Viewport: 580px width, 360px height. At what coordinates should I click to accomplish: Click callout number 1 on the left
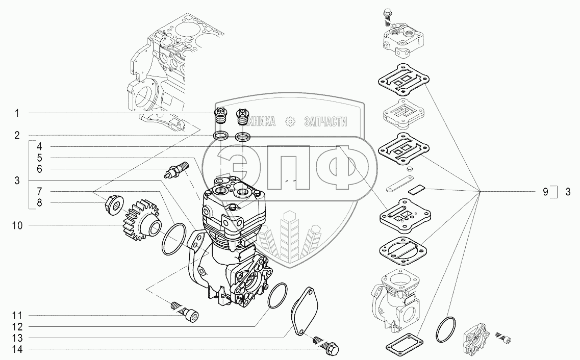tap(17, 112)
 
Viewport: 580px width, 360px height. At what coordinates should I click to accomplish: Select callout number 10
tap(17, 224)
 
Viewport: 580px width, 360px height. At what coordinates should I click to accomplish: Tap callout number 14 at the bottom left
tap(17, 349)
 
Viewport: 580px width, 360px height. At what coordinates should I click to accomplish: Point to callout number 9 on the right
tap(545, 192)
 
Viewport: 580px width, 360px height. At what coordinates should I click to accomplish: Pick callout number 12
tap(17, 326)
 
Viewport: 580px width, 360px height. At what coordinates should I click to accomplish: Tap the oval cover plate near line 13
tap(305, 311)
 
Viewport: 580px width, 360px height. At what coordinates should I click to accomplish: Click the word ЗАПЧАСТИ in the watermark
tap(325, 121)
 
